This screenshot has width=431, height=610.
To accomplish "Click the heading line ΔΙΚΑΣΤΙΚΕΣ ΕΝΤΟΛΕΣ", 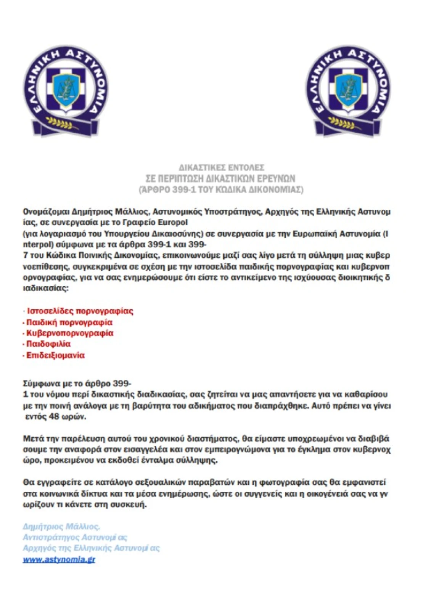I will tap(221, 167).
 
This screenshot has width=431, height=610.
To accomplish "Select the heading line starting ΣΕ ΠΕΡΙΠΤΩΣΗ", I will tap(220, 178).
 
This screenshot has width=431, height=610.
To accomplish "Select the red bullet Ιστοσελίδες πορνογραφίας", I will tap(79, 311).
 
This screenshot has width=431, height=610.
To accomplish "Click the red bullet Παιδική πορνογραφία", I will tap(69, 323).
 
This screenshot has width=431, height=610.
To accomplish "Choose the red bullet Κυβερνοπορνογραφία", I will tap(69, 333).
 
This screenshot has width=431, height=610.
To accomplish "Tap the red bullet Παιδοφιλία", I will tap(48, 344).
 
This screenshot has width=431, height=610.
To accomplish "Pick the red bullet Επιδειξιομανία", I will tap(55, 355).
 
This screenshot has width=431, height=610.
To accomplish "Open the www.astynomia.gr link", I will tap(59, 560).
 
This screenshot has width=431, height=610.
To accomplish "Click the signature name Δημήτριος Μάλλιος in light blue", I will tap(61, 527).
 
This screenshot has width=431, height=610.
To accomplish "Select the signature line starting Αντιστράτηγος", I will tap(75, 537).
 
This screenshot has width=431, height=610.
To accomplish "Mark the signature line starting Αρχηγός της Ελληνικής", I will tap(91, 548).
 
